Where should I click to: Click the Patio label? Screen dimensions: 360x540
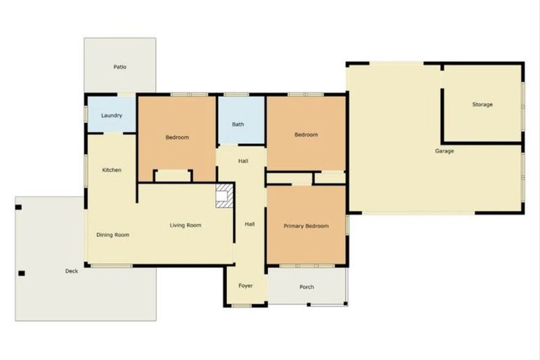(120, 67)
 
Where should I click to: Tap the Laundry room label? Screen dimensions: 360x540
(112, 115)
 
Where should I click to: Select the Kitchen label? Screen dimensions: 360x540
(112, 170)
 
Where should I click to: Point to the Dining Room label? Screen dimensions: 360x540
(112, 235)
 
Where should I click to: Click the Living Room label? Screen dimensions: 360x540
(186, 226)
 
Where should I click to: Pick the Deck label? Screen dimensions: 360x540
(72, 271)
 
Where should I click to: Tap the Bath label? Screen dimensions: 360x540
(238, 124)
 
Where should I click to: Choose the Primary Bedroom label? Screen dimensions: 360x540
(306, 226)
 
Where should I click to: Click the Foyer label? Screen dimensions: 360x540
(245, 286)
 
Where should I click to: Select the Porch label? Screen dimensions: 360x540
(307, 287)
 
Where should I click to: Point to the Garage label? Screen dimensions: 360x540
(444, 151)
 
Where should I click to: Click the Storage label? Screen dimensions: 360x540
(482, 105)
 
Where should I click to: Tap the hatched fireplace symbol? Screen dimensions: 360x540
(224, 195)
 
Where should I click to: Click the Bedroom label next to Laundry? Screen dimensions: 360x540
(177, 137)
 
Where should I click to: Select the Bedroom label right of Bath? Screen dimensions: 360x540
(306, 134)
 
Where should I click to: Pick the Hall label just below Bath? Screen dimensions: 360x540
(243, 162)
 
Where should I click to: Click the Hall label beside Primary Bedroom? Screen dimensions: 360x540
(250, 224)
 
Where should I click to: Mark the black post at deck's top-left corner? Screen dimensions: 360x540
(19, 207)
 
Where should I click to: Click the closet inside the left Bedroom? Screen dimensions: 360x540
(173, 176)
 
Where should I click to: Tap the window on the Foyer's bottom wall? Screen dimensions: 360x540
(241, 306)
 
